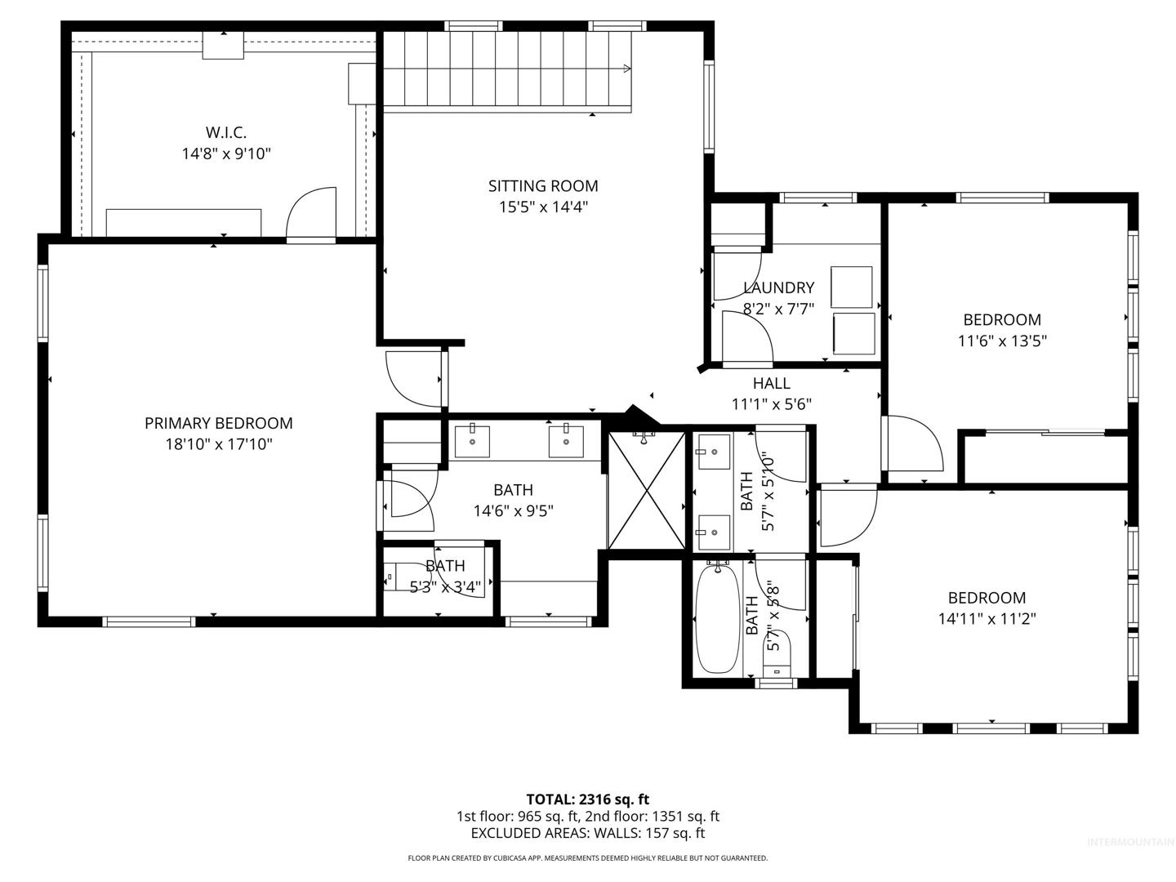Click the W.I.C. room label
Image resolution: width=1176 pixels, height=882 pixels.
coord(225,132)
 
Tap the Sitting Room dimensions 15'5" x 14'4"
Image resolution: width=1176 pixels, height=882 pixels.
coord(543,207)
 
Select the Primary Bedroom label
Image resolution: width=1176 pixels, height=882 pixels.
coord(219,423)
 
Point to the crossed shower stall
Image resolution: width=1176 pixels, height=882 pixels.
coord(647,491)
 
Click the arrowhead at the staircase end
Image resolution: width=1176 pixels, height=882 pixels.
coord(627,69)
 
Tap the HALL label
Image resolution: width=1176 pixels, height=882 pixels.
coord(772,383)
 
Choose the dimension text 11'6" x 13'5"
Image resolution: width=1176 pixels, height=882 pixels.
coord(1002,341)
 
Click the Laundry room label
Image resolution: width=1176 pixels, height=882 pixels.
coord(779,287)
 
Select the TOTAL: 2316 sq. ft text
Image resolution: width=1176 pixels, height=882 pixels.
coord(588,800)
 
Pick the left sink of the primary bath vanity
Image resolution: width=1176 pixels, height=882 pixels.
coord(472,441)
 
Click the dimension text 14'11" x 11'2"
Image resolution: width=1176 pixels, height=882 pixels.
coord(987,618)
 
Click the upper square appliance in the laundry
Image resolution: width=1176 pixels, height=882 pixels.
coord(851,287)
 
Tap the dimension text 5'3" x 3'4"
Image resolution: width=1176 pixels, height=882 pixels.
coord(445,587)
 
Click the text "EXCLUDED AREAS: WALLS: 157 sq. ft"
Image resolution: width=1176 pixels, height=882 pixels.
coord(588,833)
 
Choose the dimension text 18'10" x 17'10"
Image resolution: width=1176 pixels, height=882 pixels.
coord(219,444)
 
